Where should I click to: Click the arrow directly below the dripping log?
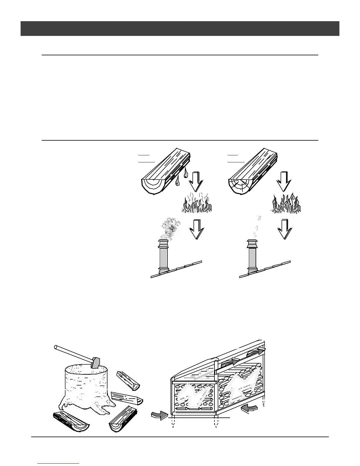click(x=195, y=181)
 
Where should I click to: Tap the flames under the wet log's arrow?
click(x=196, y=203)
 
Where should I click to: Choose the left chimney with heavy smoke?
click(x=163, y=256)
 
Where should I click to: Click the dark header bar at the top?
click(x=180, y=29)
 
